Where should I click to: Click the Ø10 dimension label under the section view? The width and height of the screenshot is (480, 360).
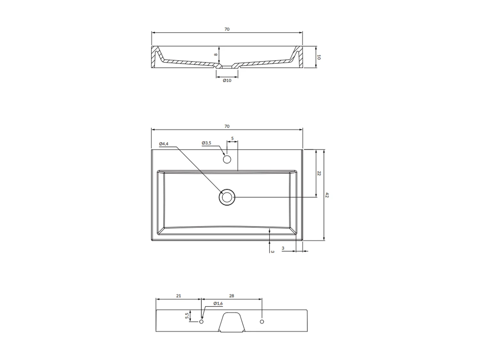(x=227, y=80)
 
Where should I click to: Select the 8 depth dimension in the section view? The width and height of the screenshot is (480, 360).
(x=216, y=54)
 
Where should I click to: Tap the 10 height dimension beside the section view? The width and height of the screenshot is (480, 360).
(x=319, y=57)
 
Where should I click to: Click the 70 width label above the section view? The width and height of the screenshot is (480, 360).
(x=227, y=29)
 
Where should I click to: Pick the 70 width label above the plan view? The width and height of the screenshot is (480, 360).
(x=227, y=126)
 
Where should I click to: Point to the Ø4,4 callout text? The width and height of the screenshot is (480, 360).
(x=164, y=144)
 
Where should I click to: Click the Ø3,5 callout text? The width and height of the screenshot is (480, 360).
(x=206, y=143)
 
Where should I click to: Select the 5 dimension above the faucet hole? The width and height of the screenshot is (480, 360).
(x=232, y=139)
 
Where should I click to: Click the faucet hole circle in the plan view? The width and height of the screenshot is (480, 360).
(x=227, y=159)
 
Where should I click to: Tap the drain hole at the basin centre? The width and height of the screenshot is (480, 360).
(x=227, y=197)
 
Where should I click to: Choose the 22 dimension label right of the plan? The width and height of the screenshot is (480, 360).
(x=319, y=173)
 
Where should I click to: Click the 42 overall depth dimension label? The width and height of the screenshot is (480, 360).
(x=327, y=195)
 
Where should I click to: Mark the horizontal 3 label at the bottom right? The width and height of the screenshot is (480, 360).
(x=283, y=248)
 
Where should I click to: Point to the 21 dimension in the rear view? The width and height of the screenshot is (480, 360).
(x=179, y=296)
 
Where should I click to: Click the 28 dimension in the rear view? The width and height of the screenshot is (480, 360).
(x=232, y=296)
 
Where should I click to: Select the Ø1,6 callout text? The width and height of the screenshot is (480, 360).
(x=218, y=303)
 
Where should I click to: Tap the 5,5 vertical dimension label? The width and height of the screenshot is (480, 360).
(x=187, y=316)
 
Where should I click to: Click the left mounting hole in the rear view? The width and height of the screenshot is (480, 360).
(x=201, y=321)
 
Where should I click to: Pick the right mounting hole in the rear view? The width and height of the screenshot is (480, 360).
(x=262, y=321)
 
